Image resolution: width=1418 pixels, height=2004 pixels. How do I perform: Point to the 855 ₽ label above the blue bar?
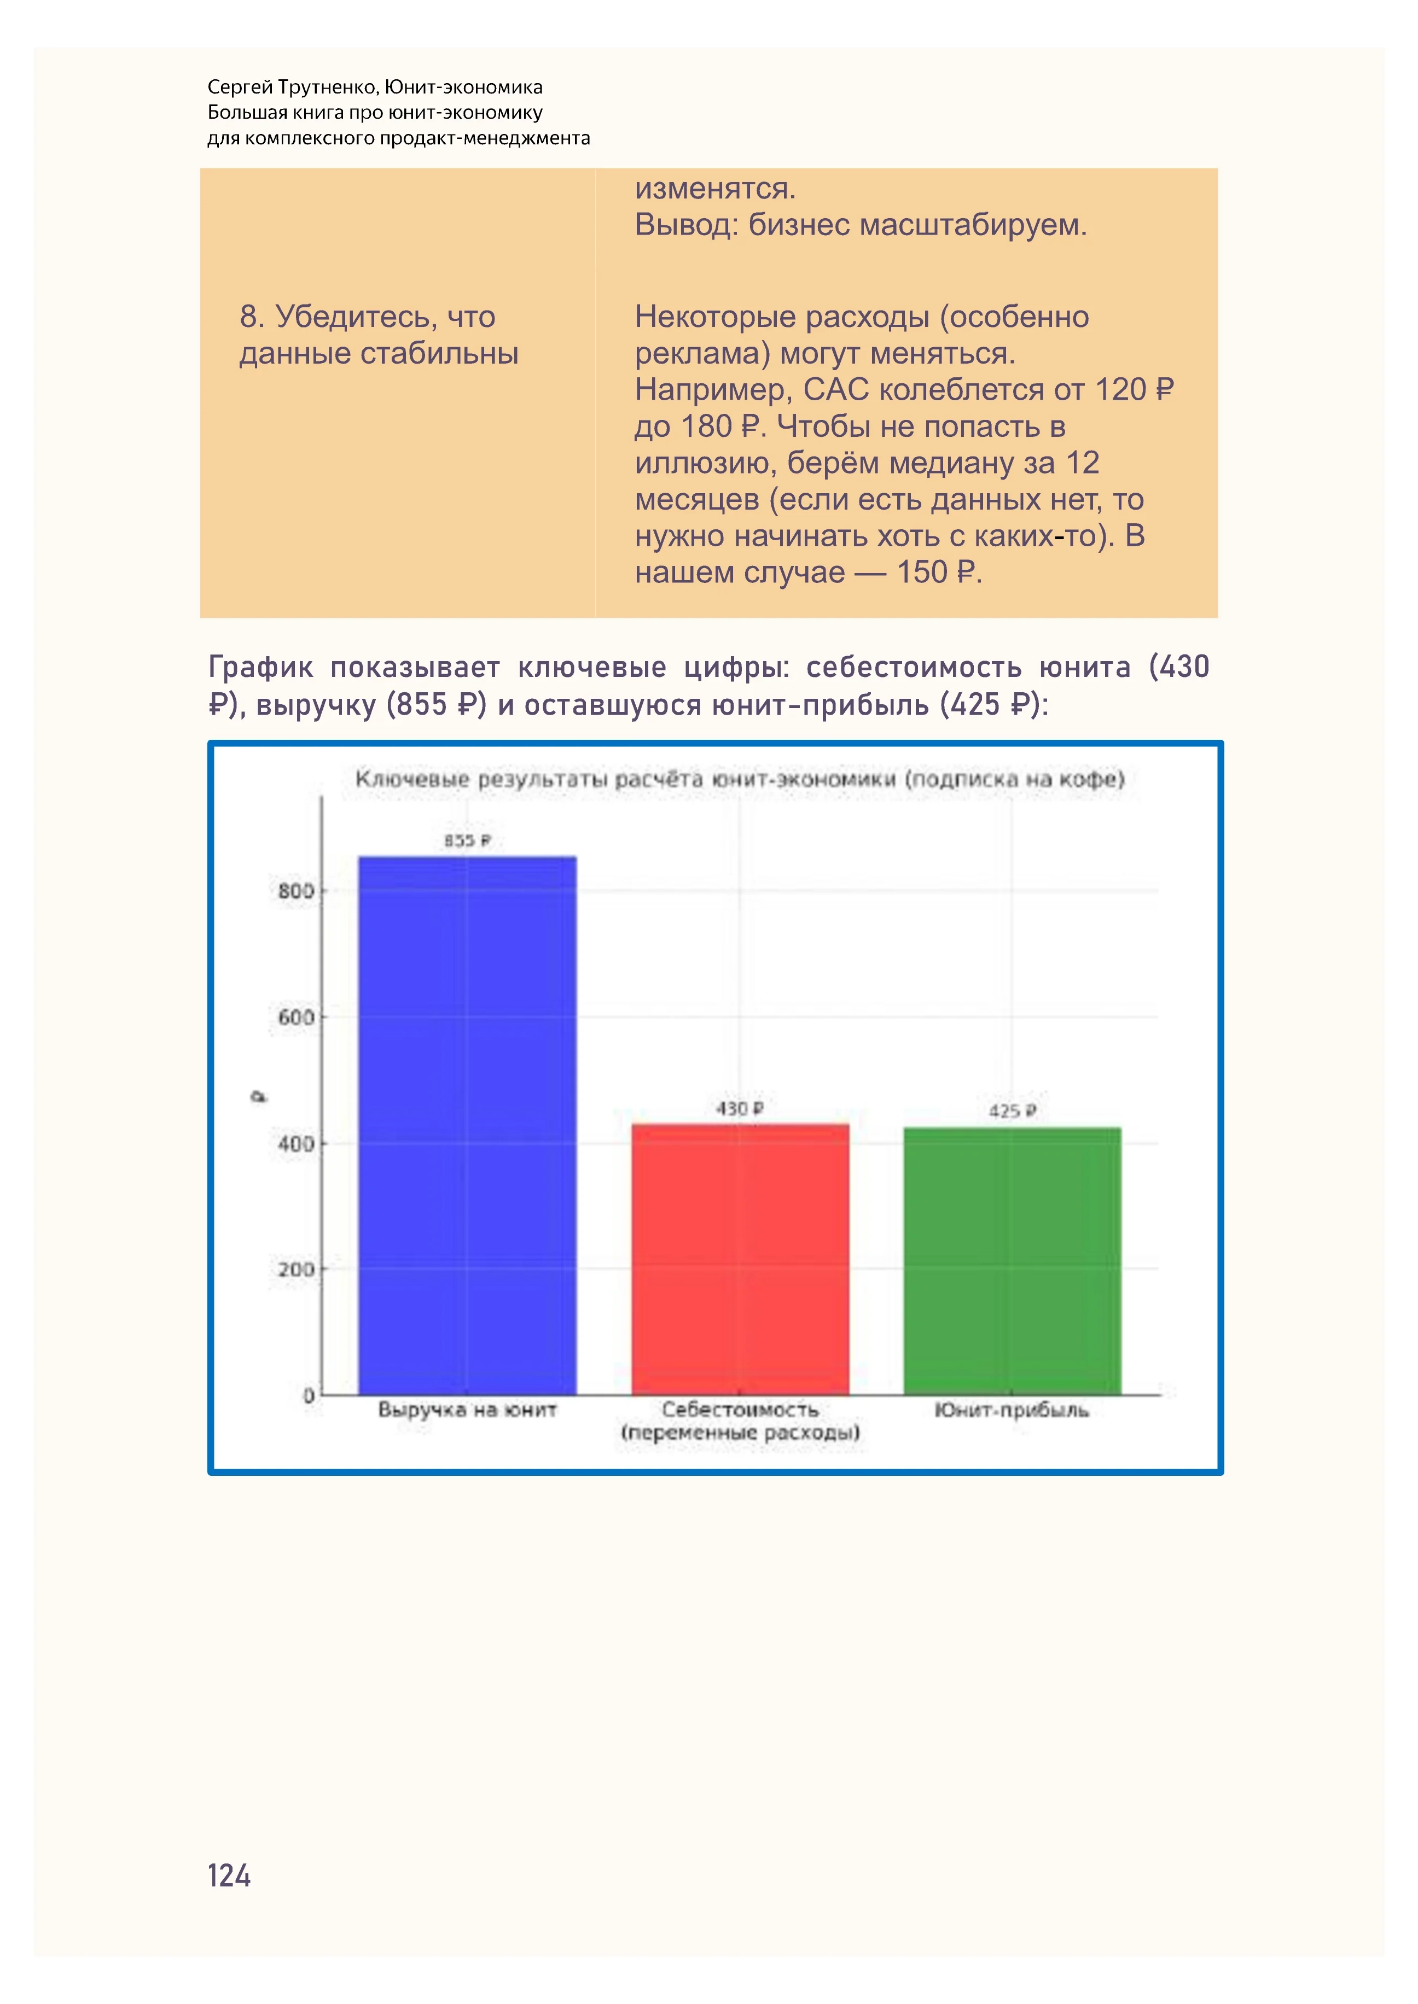(467, 840)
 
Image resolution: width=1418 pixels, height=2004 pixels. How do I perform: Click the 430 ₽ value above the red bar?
(740, 1108)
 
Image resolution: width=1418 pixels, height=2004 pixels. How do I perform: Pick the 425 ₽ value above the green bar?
(1012, 1111)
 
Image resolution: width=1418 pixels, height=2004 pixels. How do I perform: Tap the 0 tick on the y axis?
(308, 1395)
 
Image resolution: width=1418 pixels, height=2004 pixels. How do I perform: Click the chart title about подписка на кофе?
(740, 779)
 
